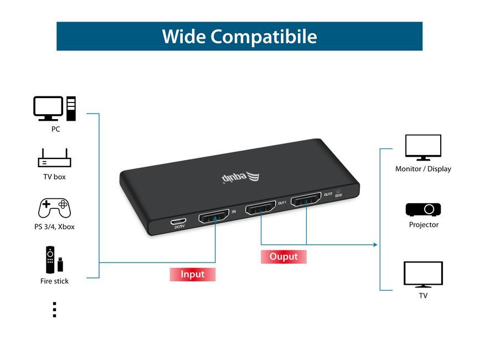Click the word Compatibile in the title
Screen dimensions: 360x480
[x=264, y=37]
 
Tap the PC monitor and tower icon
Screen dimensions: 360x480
[x=54, y=109]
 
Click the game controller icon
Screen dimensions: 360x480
[x=54, y=208]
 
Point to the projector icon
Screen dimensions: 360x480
[x=423, y=209]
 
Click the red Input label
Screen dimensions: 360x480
[x=192, y=274]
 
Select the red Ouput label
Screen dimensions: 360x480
[x=283, y=256]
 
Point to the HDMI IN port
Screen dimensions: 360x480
[x=214, y=216]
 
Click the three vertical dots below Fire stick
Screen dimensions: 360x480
[x=54, y=310]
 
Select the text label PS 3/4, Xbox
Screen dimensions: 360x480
[x=54, y=227]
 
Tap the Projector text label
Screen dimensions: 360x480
[x=424, y=225]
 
